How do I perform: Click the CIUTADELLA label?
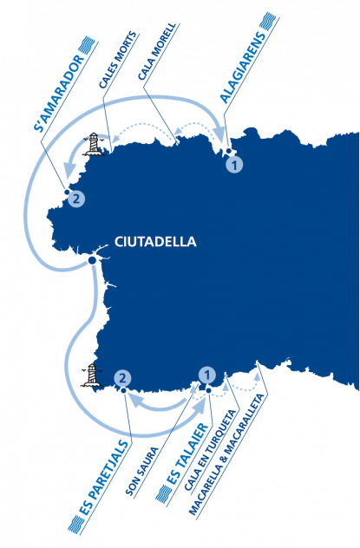[155, 242]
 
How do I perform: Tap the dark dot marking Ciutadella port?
[93, 260]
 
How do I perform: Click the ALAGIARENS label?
[242, 68]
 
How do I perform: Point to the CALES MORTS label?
[117, 60]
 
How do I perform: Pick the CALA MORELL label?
[156, 52]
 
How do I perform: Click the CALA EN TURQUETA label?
[210, 450]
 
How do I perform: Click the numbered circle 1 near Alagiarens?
[234, 164]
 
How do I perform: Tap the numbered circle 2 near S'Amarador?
[76, 199]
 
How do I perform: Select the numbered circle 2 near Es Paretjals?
[122, 378]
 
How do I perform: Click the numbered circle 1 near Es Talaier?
[207, 375]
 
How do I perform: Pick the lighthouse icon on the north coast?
[94, 144]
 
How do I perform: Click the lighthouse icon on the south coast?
[92, 375]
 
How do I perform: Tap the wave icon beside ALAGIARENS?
[268, 23]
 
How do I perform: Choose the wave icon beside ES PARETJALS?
[76, 525]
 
